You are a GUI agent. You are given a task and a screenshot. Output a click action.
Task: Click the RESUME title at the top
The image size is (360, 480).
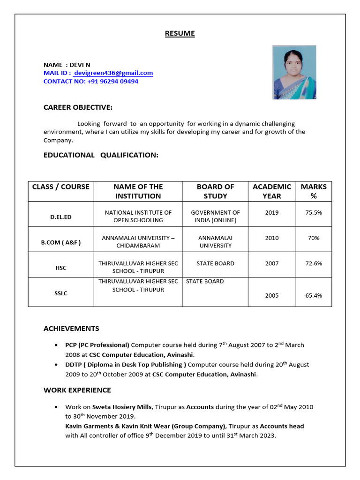click(x=180, y=33)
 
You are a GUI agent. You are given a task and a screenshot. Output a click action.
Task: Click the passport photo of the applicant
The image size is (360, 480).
click(x=294, y=72)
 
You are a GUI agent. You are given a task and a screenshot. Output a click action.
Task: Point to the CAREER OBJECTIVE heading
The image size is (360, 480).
click(x=78, y=107)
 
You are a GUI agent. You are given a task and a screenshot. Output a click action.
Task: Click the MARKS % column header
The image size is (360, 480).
click(x=314, y=191)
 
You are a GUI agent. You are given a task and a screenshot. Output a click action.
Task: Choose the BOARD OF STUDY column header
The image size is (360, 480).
click(x=215, y=191)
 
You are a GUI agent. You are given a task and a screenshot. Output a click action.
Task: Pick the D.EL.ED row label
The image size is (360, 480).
click(x=61, y=217)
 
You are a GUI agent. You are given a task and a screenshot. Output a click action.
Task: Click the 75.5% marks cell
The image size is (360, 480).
click(x=314, y=212)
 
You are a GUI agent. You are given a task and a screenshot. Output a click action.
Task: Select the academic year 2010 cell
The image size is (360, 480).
click(x=271, y=238)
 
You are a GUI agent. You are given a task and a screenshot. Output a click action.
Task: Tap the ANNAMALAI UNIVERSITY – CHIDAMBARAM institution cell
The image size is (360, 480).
click(x=138, y=241)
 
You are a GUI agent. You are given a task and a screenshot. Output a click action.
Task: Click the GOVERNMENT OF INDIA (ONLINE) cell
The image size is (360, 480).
click(x=215, y=216)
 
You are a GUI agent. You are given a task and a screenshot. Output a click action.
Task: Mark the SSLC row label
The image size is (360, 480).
click(x=61, y=293)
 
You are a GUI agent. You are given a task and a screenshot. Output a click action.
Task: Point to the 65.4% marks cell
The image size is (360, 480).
click(x=314, y=295)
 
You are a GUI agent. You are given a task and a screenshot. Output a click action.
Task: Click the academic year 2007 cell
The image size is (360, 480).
click(x=271, y=263)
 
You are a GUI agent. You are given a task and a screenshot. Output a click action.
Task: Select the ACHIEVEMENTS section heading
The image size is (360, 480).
click(x=71, y=329)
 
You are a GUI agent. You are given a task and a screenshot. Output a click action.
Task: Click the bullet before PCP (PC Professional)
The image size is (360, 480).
click(x=56, y=345)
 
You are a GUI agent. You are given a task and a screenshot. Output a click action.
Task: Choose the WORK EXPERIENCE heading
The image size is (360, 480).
click(x=77, y=390)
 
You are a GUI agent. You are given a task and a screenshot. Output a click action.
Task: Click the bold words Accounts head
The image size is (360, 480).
click(x=282, y=426)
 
